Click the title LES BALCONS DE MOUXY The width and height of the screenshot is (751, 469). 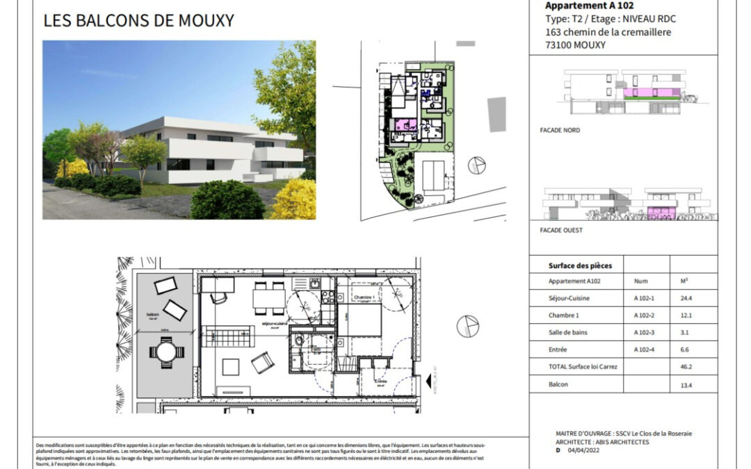click(138, 21)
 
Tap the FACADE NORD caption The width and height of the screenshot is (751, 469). click(560, 130)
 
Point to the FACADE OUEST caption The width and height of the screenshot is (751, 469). click(561, 230)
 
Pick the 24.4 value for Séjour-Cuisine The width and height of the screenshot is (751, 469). click(686, 299)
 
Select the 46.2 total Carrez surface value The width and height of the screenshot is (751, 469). click(686, 366)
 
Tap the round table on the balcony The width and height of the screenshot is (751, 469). click(168, 352)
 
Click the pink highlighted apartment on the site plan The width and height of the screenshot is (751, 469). click(403, 126)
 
